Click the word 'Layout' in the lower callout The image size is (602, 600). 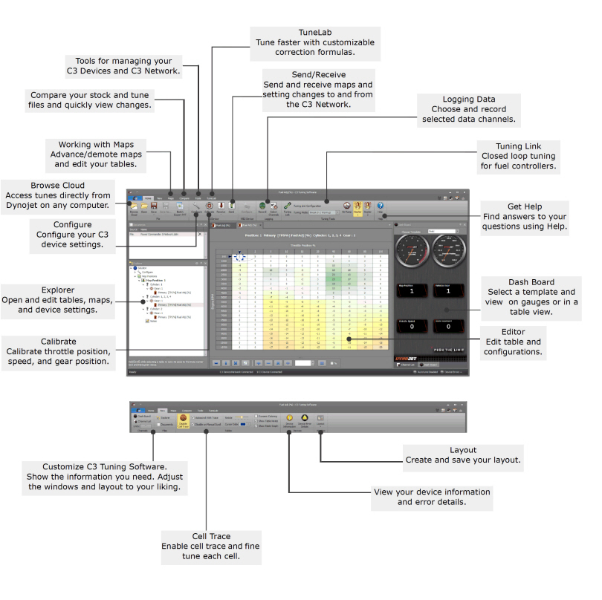pos(463,450)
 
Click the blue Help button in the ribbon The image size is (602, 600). pos(380,206)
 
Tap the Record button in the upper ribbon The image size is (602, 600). pos(262,208)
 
